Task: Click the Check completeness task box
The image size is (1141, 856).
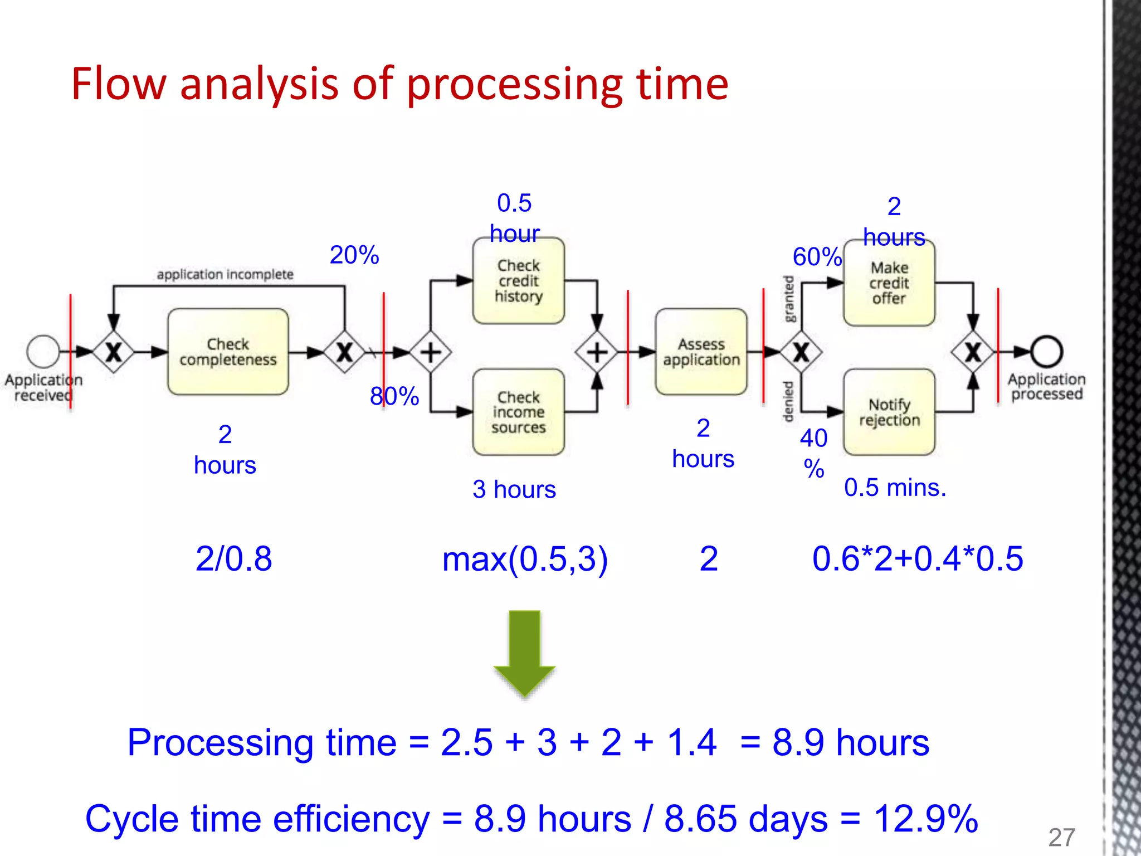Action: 228,352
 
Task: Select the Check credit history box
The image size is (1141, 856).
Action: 518,281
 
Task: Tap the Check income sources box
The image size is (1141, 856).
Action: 518,412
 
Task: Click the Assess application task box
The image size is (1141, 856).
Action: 701,352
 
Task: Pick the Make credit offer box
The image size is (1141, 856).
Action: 889,283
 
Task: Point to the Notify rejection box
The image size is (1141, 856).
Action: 889,412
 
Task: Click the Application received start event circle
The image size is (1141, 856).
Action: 43,352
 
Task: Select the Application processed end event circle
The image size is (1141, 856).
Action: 1046,352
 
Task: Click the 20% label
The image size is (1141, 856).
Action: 354,255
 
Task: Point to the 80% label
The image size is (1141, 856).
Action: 394,396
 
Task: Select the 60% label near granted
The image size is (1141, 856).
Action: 817,257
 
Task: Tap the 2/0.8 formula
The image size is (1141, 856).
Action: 233,558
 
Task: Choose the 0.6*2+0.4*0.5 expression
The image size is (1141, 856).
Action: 918,558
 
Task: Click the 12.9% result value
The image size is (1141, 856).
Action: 925,819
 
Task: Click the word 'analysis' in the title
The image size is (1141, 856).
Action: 259,85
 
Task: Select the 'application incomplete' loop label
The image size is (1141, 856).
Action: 225,274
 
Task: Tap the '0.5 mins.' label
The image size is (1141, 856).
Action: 895,488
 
